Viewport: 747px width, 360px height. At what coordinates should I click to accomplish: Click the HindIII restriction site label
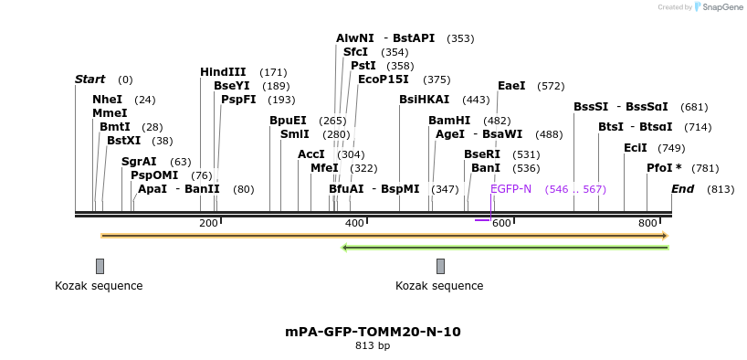tap(223, 72)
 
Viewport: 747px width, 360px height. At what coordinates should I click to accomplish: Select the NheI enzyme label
tap(107, 99)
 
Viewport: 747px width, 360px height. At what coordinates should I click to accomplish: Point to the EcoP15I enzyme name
tap(383, 79)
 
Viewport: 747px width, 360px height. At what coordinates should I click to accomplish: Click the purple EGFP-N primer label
tap(510, 189)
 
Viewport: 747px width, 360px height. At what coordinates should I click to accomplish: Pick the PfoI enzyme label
tap(663, 168)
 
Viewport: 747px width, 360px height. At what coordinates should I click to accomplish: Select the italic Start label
tap(89, 79)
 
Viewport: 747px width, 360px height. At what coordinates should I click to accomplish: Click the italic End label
tap(682, 189)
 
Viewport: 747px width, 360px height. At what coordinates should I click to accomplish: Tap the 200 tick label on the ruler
tap(208, 224)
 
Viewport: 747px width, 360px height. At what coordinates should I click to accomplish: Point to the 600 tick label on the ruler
tap(501, 224)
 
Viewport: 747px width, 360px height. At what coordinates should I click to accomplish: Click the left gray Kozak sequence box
tap(100, 266)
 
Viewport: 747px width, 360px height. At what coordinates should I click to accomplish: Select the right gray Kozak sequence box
tap(440, 266)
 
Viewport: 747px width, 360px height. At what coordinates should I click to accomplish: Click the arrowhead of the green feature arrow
tap(344, 247)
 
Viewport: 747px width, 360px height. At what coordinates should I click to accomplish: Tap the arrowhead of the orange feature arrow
tap(665, 236)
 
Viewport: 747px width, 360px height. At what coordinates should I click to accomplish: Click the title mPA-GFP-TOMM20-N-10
tap(373, 332)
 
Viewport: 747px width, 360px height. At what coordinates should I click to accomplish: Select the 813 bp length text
tap(373, 346)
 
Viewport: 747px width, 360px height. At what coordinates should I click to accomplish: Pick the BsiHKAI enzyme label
tap(425, 100)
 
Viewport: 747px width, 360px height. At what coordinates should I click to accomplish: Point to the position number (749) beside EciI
tap(670, 148)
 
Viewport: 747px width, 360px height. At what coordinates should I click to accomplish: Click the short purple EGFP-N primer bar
tap(482, 220)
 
